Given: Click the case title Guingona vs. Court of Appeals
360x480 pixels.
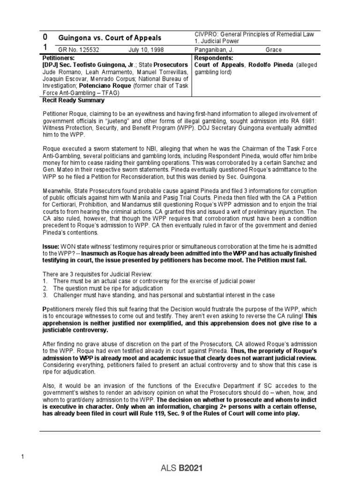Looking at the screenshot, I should point(109,38).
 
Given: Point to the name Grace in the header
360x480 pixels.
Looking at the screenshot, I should point(274,50).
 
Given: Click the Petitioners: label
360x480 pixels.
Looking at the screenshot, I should point(58,57).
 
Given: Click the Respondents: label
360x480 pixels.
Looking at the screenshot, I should point(213,57).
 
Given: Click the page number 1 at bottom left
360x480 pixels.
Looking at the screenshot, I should point(22,457).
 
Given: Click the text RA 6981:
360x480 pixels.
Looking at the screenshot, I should point(303,121).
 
